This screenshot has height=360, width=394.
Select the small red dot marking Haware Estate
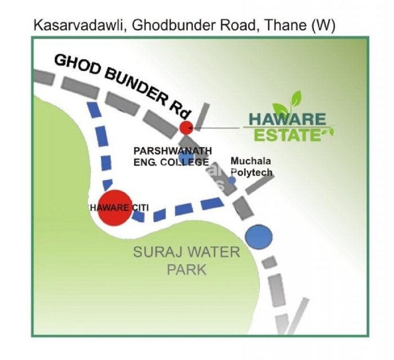pos(186,127)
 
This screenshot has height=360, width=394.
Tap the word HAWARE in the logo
pos(288,119)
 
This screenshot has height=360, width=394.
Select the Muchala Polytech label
pos(252,167)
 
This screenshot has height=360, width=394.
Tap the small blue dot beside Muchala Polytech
pos(232,180)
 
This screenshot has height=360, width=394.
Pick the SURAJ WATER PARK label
pos(186,261)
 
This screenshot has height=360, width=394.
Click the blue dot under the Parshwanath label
pos(185,158)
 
